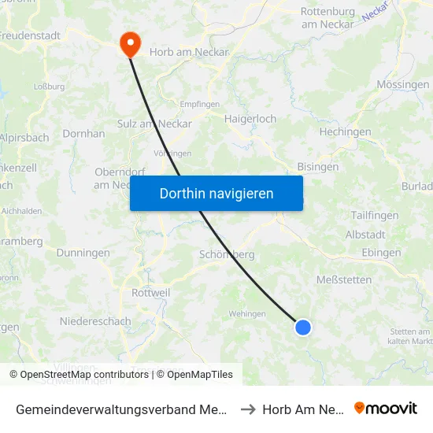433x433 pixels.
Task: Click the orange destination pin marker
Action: (129, 43)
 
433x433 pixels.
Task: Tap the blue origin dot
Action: (303, 327)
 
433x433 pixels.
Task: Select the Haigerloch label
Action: (250, 119)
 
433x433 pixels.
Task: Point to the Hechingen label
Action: (345, 132)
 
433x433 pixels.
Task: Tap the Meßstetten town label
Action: (344, 279)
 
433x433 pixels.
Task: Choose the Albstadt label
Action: (365, 235)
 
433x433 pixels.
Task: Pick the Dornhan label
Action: (83, 134)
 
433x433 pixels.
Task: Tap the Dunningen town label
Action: (83, 253)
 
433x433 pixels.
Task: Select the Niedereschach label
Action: (96, 321)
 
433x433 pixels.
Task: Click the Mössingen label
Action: (403, 84)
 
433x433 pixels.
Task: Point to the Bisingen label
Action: (318, 166)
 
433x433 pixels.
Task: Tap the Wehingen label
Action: (246, 313)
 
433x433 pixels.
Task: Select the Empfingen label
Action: (199, 103)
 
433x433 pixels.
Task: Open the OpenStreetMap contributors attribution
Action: (83, 375)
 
